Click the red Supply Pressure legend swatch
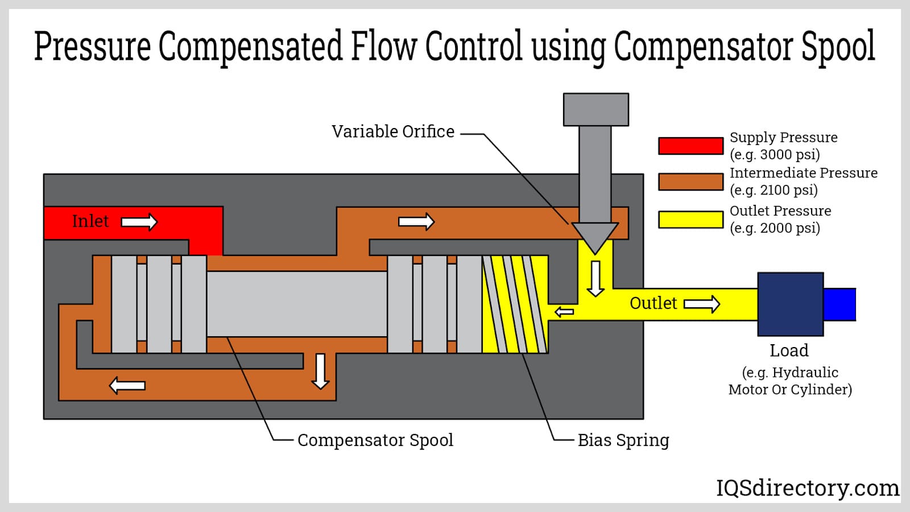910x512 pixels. click(x=690, y=146)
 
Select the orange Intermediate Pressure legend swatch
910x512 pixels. click(x=690, y=181)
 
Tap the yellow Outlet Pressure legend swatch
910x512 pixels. click(x=690, y=220)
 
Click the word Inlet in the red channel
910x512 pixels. click(x=90, y=221)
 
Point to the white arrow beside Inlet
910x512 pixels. click(x=139, y=222)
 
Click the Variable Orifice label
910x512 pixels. click(x=393, y=131)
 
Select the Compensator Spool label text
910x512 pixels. click(x=375, y=440)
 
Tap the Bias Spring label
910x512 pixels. click(x=623, y=440)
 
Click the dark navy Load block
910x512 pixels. click(x=790, y=304)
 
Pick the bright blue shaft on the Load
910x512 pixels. click(x=839, y=304)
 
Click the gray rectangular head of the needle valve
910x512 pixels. click(x=595, y=109)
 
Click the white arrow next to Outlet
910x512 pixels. click(x=701, y=304)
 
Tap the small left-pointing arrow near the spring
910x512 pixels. click(x=564, y=312)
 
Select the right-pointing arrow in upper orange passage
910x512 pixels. click(x=416, y=221)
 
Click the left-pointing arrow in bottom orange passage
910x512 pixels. click(x=127, y=386)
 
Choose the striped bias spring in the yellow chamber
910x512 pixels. click(x=515, y=304)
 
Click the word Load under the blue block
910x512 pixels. click(x=789, y=350)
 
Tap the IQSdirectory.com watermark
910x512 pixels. click(x=807, y=488)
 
